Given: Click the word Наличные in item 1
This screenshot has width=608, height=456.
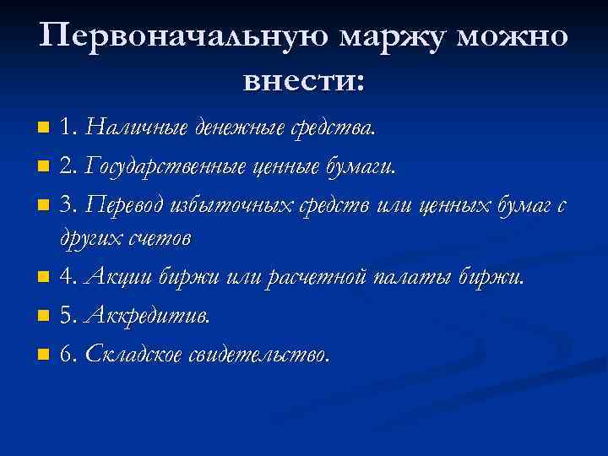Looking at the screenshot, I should click(137, 128).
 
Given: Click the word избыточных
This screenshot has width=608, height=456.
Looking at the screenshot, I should click(229, 204).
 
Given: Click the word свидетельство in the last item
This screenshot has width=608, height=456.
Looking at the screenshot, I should click(258, 355).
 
